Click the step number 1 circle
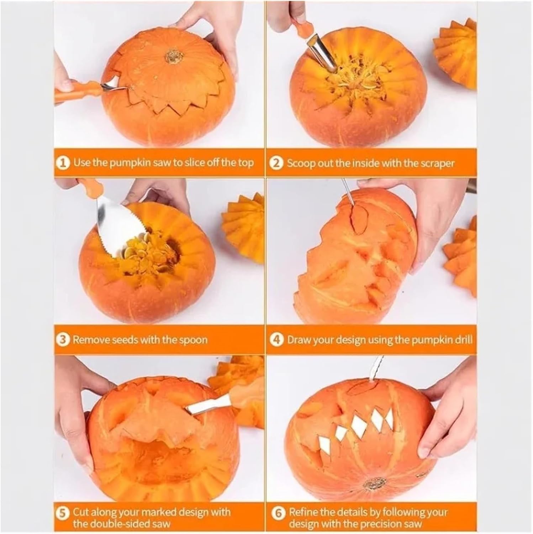point(63,163)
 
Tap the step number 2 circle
point(276,163)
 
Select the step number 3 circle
point(63,340)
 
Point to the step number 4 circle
point(276,340)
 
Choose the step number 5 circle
point(63,513)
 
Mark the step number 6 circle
point(278,513)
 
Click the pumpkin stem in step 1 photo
point(174,57)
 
